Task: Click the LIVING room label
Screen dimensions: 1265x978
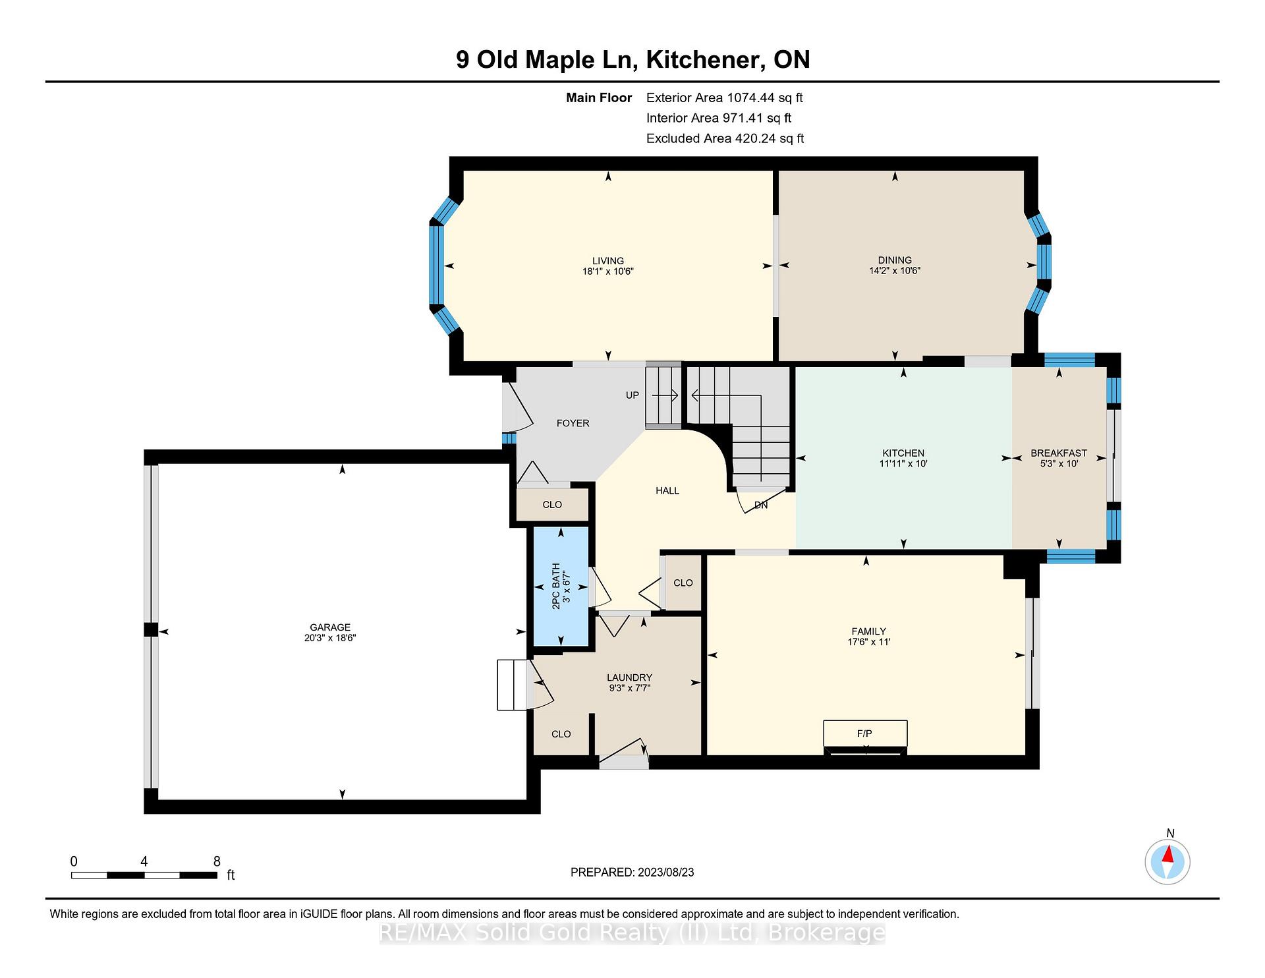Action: (607, 261)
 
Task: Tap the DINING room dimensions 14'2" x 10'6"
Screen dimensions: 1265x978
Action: (894, 271)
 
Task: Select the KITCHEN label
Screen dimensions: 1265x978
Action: (903, 453)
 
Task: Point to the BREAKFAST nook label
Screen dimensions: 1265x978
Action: (1059, 453)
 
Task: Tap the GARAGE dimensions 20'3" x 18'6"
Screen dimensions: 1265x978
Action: (330, 638)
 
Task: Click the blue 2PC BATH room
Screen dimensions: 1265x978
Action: (561, 587)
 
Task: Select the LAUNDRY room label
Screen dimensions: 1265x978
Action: (629, 677)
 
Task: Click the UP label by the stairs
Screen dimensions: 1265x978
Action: (632, 395)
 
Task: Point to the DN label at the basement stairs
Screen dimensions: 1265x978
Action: (761, 505)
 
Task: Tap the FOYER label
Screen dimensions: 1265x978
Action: (573, 423)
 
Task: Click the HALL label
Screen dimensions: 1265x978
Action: (667, 490)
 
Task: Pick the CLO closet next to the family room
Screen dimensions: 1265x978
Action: (683, 583)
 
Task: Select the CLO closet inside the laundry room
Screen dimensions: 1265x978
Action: (561, 733)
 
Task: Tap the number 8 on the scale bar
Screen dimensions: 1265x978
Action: (217, 861)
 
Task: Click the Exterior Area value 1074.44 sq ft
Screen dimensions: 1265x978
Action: (765, 98)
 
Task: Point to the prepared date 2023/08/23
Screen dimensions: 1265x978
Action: (665, 873)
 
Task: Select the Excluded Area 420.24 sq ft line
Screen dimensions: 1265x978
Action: (725, 138)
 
